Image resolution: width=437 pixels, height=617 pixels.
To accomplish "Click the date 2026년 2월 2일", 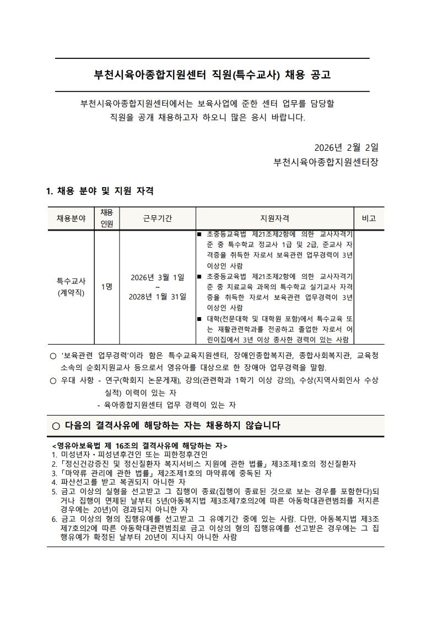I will pyautogui.click(x=346, y=148).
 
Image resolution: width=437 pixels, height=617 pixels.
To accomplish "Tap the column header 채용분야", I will pyautogui.click(x=71, y=219).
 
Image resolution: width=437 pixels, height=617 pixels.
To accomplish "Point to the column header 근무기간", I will pyautogui.click(x=158, y=219).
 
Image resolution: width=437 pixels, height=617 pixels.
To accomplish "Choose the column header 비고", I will pyautogui.click(x=369, y=219).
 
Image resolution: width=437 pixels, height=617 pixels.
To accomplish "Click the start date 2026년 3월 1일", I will pyautogui.click(x=158, y=276).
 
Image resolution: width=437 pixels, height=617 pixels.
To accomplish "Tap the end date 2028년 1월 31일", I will pyautogui.click(x=158, y=297).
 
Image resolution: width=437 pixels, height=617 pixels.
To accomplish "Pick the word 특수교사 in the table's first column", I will pyautogui.click(x=71, y=281).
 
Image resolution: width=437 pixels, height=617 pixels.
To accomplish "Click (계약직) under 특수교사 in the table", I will pyautogui.click(x=71, y=292).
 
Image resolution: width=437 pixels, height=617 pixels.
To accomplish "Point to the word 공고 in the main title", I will pyautogui.click(x=326, y=74).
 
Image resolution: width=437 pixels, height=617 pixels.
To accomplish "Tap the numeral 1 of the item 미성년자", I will pyautogui.click(x=54, y=455).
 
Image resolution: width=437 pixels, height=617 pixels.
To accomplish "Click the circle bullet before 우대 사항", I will pyautogui.click(x=53, y=380).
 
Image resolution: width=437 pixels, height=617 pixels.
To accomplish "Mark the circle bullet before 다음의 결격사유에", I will pyautogui.click(x=55, y=425).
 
